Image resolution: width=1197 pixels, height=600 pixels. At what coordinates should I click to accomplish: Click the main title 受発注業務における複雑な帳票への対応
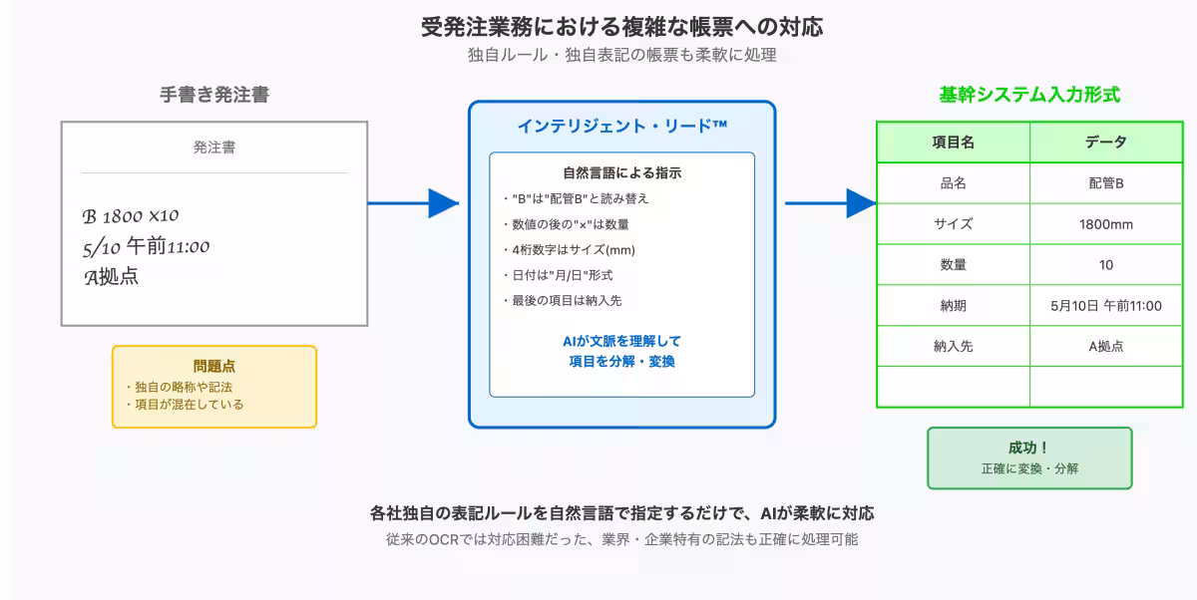pos(621,26)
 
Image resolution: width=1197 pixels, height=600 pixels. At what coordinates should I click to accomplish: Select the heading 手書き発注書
pos(214,95)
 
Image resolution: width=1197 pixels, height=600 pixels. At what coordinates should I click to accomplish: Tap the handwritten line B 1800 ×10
pos(131,216)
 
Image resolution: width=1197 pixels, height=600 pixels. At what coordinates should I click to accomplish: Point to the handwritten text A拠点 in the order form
pos(112,277)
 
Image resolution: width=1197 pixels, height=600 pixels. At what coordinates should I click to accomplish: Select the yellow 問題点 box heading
pos(214,366)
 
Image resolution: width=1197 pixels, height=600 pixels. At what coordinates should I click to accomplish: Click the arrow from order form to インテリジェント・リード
pos(413,203)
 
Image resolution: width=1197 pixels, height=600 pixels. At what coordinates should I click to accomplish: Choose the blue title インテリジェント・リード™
pos(621,126)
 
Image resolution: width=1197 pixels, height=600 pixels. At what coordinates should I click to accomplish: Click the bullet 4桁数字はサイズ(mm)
pos(569,249)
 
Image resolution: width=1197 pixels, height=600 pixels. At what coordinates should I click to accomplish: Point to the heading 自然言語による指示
pos(621,172)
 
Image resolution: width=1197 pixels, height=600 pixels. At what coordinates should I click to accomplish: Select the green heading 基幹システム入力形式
pos(1029,95)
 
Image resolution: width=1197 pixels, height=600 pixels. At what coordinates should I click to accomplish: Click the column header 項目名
pos(953,143)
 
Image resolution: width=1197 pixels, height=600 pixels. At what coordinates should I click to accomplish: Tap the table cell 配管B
pos(1106,183)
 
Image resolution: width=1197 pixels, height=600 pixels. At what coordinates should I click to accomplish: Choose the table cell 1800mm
pos(1106,224)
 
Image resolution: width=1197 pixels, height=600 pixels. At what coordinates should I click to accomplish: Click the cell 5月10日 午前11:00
pos(1106,306)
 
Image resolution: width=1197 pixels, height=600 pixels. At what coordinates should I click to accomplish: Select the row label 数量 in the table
pos(953,265)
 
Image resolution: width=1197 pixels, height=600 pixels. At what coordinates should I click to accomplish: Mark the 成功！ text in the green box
pos(1029,449)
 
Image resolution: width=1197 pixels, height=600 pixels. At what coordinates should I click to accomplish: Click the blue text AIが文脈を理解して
pos(621,341)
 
